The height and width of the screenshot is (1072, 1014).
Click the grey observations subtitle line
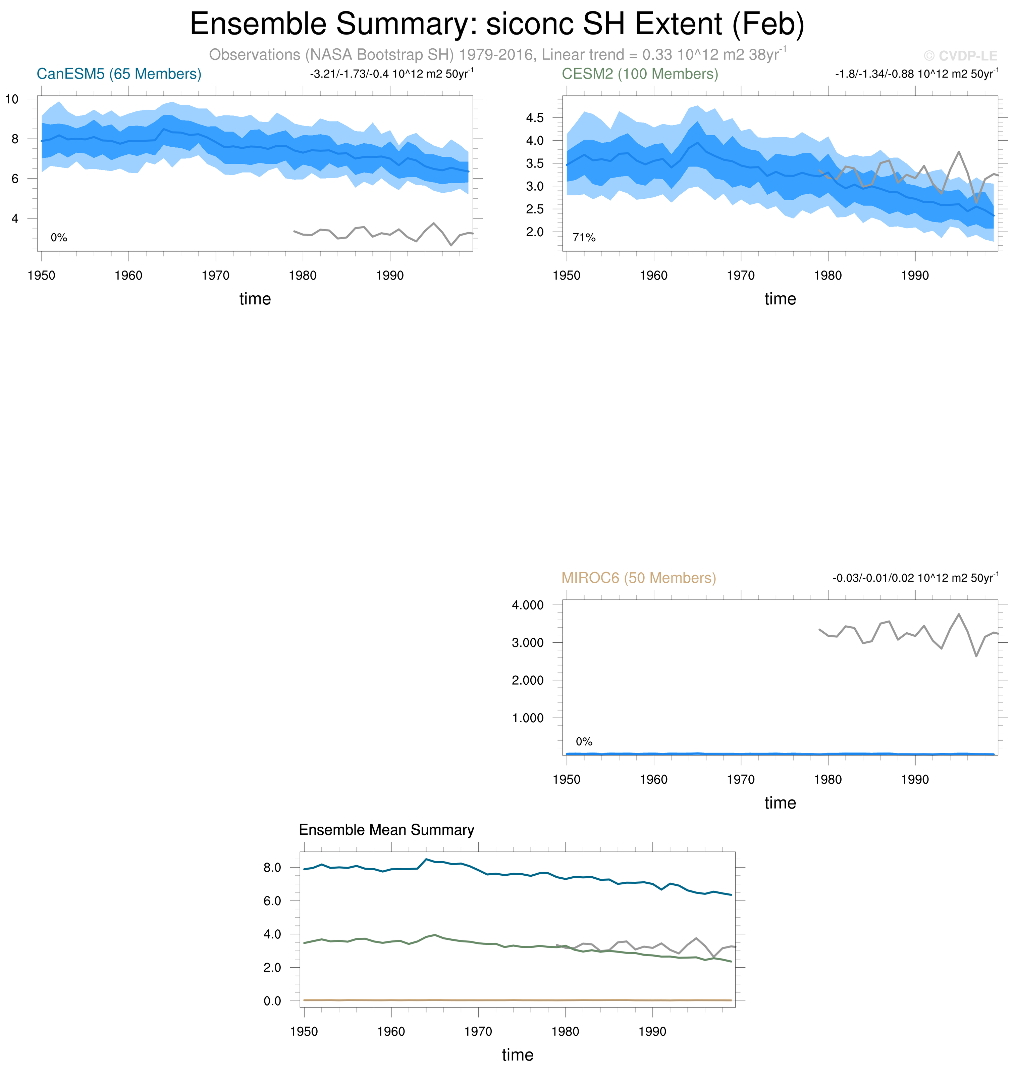pos(497,55)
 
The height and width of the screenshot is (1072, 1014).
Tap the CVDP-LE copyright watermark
pos(960,56)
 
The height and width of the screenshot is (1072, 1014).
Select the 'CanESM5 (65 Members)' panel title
pos(119,74)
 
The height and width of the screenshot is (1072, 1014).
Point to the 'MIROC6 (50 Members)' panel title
pos(638,578)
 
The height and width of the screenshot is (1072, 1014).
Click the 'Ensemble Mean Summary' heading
pos(386,830)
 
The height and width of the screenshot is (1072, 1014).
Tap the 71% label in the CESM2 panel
pos(584,238)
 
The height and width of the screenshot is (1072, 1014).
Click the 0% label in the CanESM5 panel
pos(59,238)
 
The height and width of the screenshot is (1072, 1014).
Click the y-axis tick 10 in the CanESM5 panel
pos(12,99)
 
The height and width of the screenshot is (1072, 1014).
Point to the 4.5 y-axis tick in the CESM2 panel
pos(535,118)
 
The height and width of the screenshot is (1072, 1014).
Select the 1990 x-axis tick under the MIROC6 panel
pos(915,780)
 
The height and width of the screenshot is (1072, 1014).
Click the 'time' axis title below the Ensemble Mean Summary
pos(517,1055)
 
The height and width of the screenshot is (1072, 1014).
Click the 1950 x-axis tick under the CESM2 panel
pos(567,276)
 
